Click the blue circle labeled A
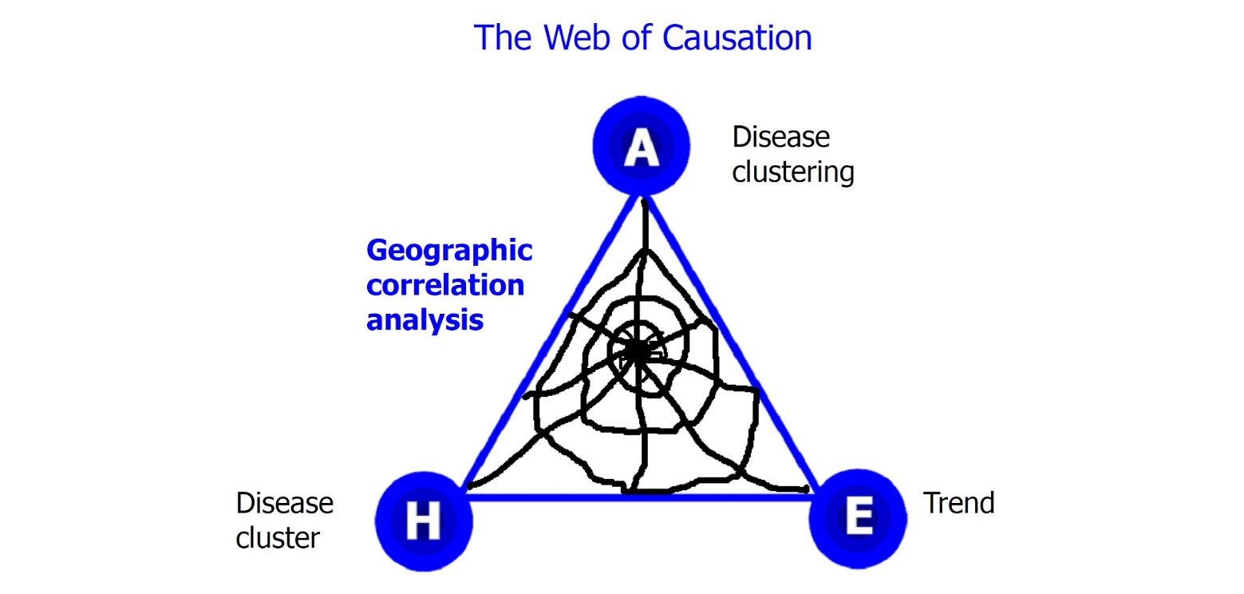point(642,145)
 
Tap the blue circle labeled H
point(424,521)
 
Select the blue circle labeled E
point(858,518)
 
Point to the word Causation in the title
point(737,38)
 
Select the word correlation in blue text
point(445,285)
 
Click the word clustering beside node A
point(793,172)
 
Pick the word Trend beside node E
point(958,503)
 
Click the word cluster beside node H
point(278,538)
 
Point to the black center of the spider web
point(638,351)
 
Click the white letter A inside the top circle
point(642,147)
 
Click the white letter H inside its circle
point(424,521)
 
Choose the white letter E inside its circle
point(859,517)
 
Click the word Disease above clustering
point(781,137)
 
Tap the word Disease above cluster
point(284,503)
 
